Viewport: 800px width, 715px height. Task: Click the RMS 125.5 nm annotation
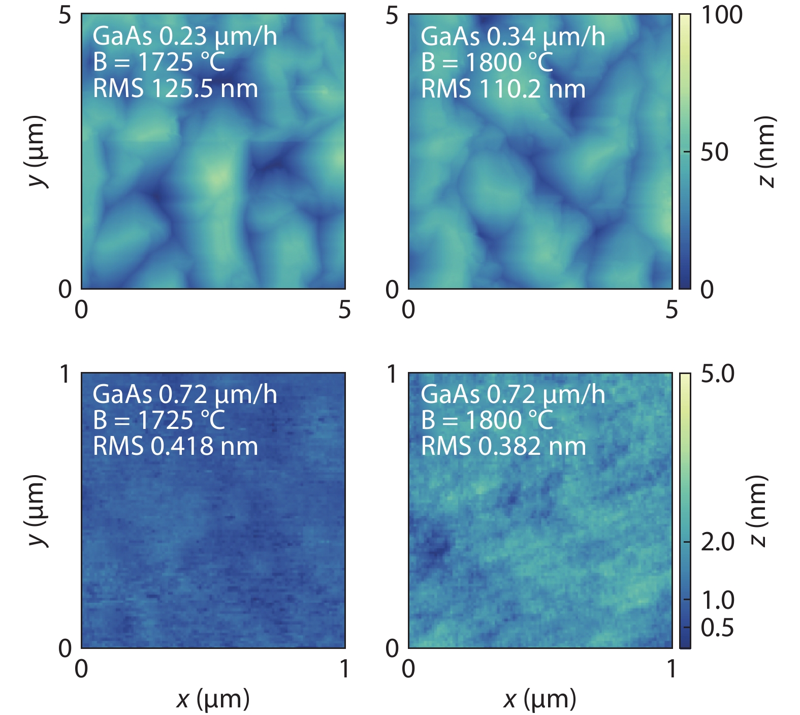click(x=175, y=89)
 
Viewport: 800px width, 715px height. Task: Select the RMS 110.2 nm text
click(x=503, y=89)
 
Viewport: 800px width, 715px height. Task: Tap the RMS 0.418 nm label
click(x=175, y=446)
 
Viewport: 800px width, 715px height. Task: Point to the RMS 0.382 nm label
click(x=503, y=446)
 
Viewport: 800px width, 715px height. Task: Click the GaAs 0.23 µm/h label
click(x=185, y=37)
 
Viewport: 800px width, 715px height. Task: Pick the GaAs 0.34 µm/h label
click(x=513, y=37)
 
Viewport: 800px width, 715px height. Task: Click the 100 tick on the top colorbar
click(x=721, y=15)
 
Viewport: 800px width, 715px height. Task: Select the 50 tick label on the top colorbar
click(x=714, y=152)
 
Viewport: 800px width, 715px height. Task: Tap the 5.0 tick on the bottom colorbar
click(x=717, y=374)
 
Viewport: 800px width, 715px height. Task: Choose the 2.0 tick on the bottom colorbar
click(x=717, y=542)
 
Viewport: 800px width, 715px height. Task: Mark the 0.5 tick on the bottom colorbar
click(x=717, y=628)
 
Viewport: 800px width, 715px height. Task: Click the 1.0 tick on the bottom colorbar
click(x=717, y=600)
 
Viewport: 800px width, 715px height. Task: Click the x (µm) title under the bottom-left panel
click(x=213, y=699)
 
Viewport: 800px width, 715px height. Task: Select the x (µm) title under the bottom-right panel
click(x=540, y=699)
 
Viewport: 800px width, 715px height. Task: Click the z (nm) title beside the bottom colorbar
click(x=757, y=511)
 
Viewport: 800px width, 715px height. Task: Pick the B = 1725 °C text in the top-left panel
click(x=158, y=63)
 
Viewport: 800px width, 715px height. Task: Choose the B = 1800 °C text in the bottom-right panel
click(x=487, y=420)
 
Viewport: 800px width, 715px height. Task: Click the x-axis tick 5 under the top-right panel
click(x=671, y=309)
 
